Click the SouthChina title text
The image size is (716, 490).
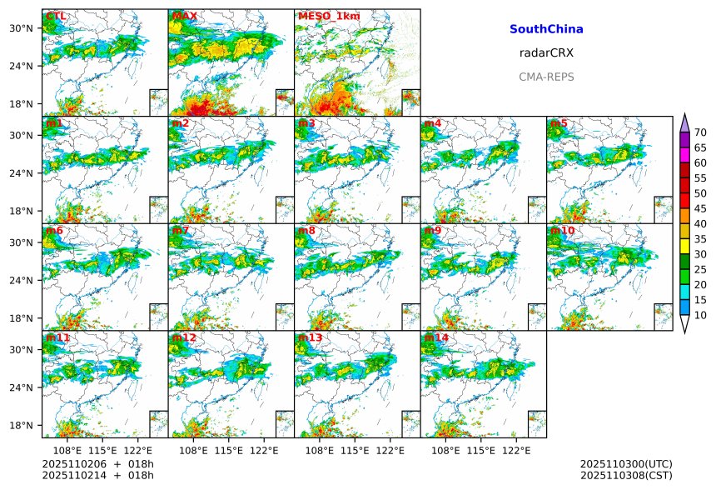coord(546,29)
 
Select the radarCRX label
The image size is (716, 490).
coord(546,53)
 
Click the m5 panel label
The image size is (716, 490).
coord(559,124)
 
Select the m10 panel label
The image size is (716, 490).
coord(562,231)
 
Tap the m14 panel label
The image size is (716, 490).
coord(436,338)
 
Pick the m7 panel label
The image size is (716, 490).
coord(181,231)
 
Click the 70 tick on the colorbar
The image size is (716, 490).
coord(700,132)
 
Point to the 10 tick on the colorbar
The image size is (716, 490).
coord(700,315)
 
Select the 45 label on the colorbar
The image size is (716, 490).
coord(700,208)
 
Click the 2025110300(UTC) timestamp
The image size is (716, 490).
coord(625,464)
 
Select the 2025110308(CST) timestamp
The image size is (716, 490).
coord(625,475)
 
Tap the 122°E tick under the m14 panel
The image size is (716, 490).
coord(516,451)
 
